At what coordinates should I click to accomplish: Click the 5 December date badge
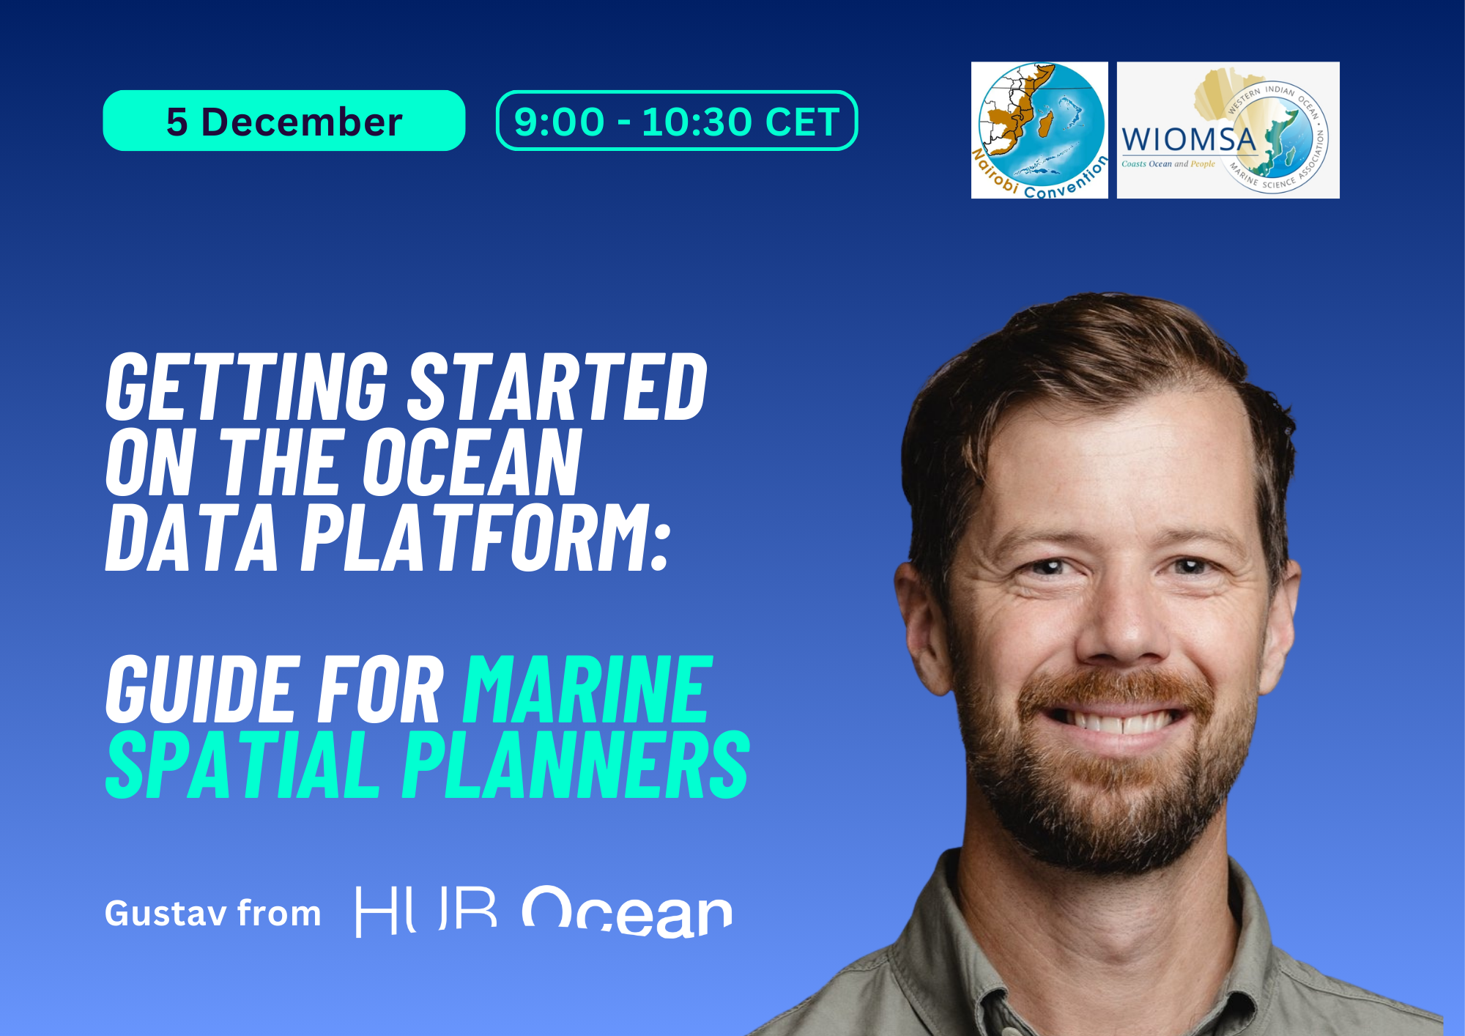pyautogui.click(x=283, y=121)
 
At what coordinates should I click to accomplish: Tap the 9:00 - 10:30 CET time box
pyautogui.click(x=676, y=121)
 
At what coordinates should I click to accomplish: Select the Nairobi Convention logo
pyautogui.click(x=1039, y=130)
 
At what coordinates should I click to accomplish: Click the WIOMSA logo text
pyautogui.click(x=1188, y=139)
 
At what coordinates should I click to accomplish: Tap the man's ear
pyautogui.click(x=919, y=623)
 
